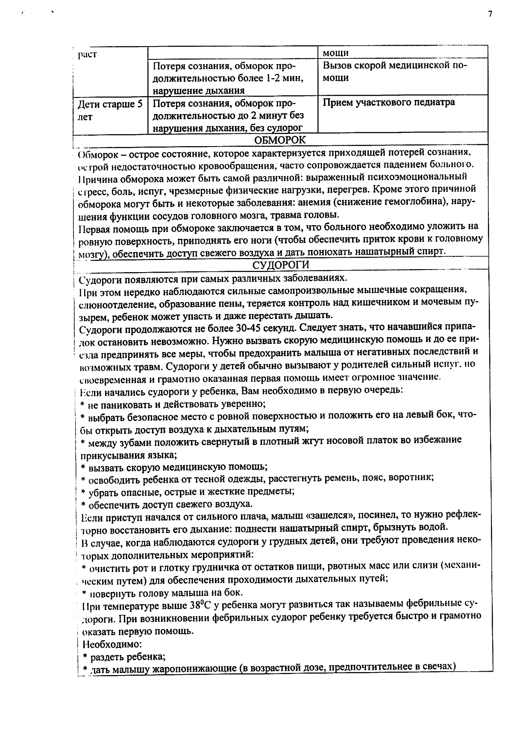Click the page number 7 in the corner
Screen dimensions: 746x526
click(x=490, y=14)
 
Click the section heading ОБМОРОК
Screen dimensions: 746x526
click(x=280, y=140)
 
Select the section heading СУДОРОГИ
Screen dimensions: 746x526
click(x=280, y=265)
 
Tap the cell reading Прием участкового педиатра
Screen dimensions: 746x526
click(x=388, y=102)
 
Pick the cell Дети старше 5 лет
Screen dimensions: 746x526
click(x=110, y=111)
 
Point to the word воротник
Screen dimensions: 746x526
click(x=412, y=477)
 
